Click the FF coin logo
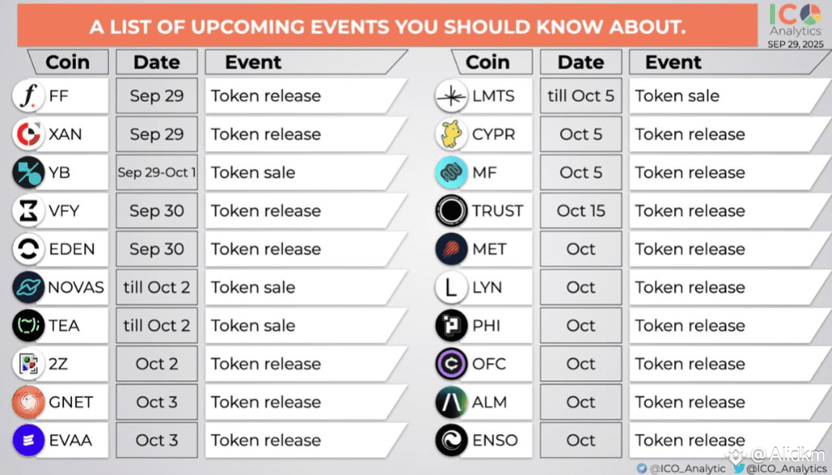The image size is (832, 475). (x=28, y=96)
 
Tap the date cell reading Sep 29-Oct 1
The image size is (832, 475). (x=156, y=172)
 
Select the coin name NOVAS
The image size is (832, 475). (x=76, y=287)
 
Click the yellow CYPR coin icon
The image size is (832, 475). (x=451, y=135)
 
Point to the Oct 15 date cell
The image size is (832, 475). (x=581, y=211)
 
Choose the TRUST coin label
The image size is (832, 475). (x=497, y=211)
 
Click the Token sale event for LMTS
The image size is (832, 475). (x=677, y=96)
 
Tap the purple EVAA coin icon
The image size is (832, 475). (x=28, y=440)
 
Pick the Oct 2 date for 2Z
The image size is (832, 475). (x=156, y=364)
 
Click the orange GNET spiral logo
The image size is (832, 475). (x=28, y=401)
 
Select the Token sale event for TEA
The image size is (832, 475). (x=253, y=326)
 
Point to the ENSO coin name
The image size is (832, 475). (x=494, y=440)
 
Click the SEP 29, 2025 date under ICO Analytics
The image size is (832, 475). (x=795, y=44)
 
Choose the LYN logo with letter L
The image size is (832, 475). (x=451, y=287)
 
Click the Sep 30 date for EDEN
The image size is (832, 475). (x=156, y=249)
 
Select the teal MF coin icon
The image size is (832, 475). (x=451, y=172)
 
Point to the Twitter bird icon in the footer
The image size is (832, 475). (x=739, y=468)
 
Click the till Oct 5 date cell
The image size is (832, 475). (x=581, y=96)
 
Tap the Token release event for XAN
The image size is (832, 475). (x=266, y=135)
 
